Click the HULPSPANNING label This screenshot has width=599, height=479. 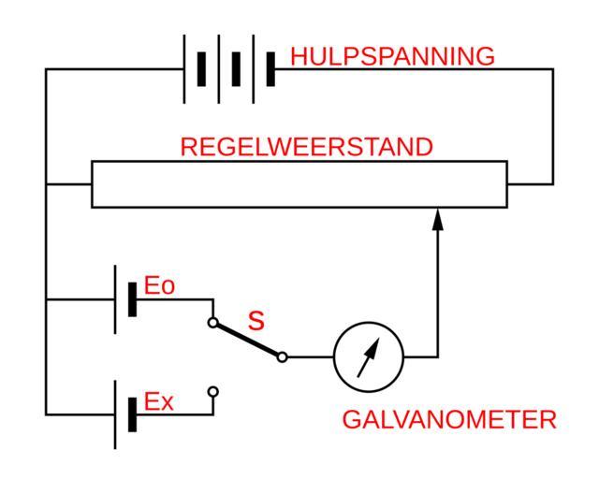tap(392, 57)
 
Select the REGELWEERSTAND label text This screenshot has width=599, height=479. tap(306, 147)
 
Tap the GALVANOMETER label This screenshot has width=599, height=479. tap(448, 420)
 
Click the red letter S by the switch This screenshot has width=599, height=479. tap(256, 321)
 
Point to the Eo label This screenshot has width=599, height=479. tap(159, 287)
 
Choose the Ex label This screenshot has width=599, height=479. tap(159, 403)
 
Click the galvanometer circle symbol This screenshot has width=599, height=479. tap(369, 356)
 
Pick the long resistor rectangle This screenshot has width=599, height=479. tap(299, 183)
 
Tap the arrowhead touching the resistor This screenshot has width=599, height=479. tap(437, 219)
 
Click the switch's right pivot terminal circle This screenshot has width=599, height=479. tap(283, 356)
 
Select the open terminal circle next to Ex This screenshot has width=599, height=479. tap(213, 390)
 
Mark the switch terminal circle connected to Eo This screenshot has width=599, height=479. tap(213, 323)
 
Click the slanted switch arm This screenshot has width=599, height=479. tap(248, 340)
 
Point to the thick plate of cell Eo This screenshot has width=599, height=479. tap(133, 299)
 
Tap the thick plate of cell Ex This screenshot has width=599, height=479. tap(133, 414)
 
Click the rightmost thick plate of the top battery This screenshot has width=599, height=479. tap(270, 69)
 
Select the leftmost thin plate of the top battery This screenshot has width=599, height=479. tap(185, 69)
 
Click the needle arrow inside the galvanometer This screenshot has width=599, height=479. tap(371, 355)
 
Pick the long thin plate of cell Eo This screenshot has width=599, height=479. tap(116, 299)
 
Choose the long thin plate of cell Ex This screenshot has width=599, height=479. tap(116, 414)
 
